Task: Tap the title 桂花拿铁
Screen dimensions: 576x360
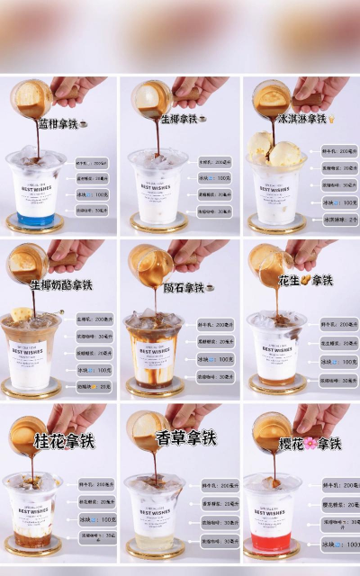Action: pos(63,442)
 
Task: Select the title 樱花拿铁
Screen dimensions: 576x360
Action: pos(308,443)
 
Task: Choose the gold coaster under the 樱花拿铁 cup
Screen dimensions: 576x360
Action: pos(271,552)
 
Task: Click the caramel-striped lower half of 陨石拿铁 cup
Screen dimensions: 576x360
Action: pos(154,364)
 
